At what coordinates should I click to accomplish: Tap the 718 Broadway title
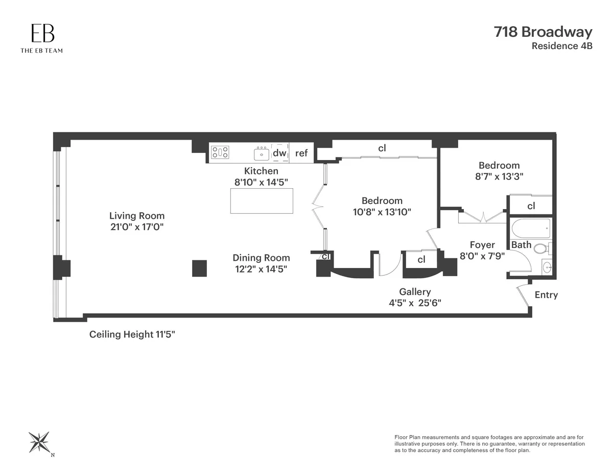click(x=543, y=32)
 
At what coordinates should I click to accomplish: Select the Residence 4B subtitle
click(x=562, y=46)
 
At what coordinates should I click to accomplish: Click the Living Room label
click(x=137, y=216)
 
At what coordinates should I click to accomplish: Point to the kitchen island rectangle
click(x=262, y=201)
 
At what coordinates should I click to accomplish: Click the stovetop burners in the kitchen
click(x=221, y=152)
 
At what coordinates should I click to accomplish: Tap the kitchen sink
click(x=262, y=153)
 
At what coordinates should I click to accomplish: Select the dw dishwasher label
click(x=279, y=152)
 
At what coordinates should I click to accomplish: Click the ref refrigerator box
click(x=301, y=153)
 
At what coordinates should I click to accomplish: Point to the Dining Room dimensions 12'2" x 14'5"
click(x=261, y=269)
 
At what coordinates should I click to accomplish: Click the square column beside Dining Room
click(x=199, y=268)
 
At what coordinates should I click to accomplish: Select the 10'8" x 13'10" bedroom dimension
click(x=382, y=211)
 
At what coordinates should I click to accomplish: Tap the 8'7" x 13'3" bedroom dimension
click(x=499, y=175)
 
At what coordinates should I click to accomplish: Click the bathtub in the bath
click(x=531, y=228)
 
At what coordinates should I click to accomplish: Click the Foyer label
click(x=482, y=245)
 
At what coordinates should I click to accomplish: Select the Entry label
click(x=546, y=295)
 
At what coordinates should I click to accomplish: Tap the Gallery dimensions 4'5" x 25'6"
click(x=415, y=302)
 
